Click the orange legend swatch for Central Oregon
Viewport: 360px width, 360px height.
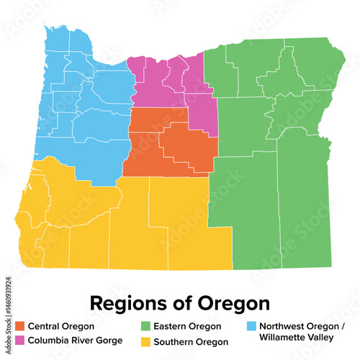[x=20, y=326]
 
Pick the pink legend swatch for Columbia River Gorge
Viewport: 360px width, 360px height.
[x=20, y=339]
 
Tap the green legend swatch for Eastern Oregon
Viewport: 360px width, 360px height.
[x=145, y=326]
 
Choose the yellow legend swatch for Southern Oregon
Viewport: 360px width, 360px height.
[x=145, y=339]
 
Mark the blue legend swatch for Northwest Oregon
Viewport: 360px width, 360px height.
[x=251, y=326]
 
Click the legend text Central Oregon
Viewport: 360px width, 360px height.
[x=60, y=326]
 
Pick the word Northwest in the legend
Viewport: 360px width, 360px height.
[x=281, y=326]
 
